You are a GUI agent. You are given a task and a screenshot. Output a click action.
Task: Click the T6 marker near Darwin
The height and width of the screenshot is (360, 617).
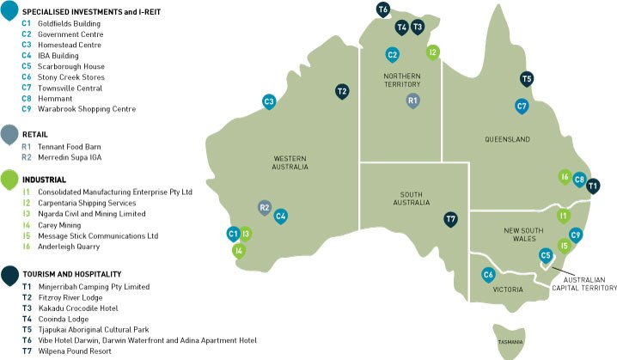click(x=383, y=9)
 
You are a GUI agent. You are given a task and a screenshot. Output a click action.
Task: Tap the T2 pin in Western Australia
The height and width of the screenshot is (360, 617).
click(x=342, y=91)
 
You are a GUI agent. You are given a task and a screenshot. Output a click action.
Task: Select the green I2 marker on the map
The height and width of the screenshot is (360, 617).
click(x=434, y=52)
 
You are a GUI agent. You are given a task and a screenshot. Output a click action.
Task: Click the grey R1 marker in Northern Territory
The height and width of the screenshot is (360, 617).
click(x=412, y=101)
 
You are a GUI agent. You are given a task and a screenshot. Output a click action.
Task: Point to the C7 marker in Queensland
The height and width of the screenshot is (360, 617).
click(x=522, y=107)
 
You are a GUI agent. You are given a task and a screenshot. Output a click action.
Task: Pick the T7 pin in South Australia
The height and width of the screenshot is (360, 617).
click(x=450, y=220)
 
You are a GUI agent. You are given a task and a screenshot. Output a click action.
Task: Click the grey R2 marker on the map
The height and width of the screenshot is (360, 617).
click(x=265, y=208)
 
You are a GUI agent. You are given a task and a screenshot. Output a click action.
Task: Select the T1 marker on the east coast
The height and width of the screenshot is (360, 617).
click(x=593, y=185)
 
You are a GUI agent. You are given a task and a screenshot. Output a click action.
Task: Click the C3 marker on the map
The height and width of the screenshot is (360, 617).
click(x=269, y=101)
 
